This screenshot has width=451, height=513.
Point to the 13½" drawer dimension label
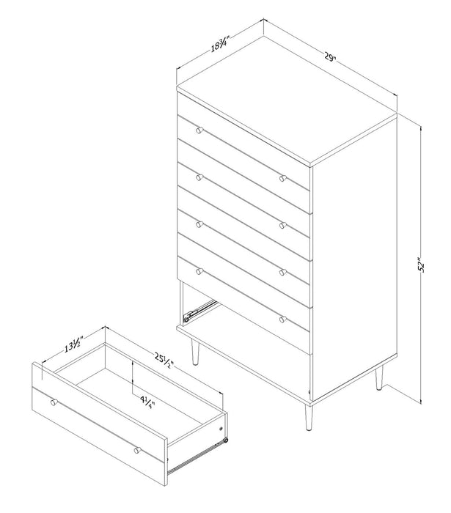70,344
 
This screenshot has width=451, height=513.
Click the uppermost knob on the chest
198,130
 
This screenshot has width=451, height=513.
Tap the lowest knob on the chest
282,318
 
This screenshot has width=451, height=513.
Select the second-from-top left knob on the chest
198,177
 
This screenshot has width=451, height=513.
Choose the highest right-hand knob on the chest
282,178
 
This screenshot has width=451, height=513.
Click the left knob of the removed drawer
53,402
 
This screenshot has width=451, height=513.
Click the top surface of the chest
286,117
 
